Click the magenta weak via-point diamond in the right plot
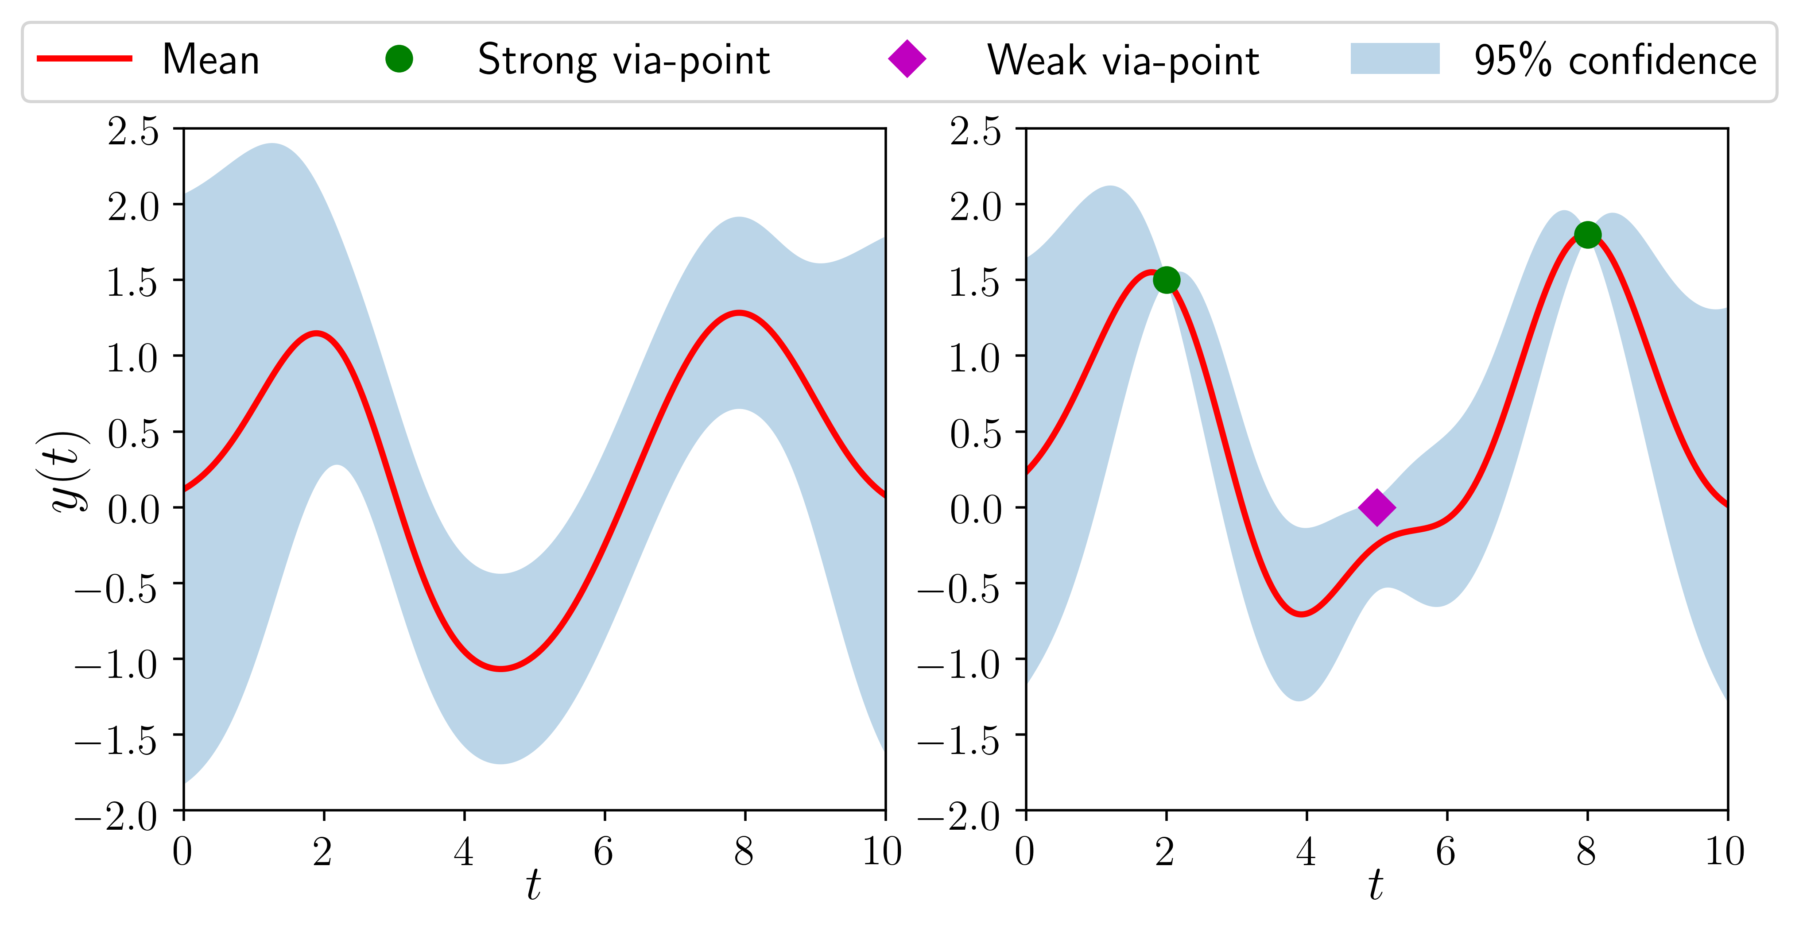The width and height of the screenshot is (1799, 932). (x=1376, y=507)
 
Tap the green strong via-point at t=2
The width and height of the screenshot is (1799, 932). (x=1166, y=280)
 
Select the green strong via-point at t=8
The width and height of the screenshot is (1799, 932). (x=1587, y=235)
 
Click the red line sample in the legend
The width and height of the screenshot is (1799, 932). (x=85, y=58)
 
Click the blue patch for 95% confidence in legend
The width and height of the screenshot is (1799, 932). (x=1395, y=58)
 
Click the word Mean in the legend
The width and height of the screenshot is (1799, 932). (x=211, y=60)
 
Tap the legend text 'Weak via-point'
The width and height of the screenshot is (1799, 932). (x=1123, y=60)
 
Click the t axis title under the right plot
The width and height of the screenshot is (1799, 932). (x=1376, y=885)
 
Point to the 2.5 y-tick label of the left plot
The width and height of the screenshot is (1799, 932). (x=133, y=131)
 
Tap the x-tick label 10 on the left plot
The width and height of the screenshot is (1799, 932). (x=883, y=851)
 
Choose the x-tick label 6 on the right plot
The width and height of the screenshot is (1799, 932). (x=1446, y=851)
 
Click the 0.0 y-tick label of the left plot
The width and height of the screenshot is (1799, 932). (x=133, y=510)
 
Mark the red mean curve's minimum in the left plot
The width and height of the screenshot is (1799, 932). (x=501, y=669)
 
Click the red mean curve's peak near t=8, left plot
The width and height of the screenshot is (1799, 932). (x=739, y=313)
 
